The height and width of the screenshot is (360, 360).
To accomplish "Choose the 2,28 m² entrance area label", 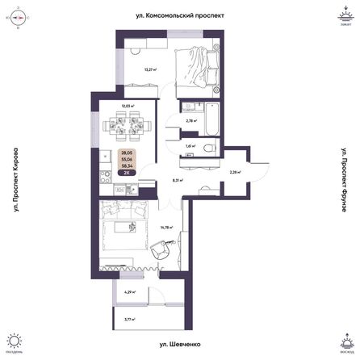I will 232,172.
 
